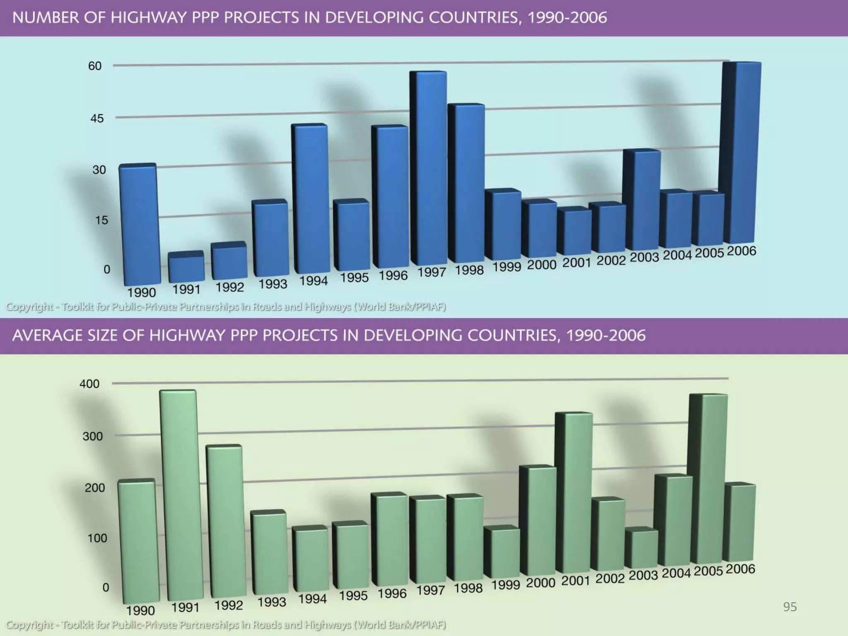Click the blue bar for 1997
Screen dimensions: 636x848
click(429, 170)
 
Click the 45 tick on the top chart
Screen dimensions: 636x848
click(97, 118)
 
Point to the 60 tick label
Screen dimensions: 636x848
click(95, 66)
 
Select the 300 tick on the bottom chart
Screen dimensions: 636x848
click(92, 436)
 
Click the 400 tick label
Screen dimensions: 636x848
click(89, 384)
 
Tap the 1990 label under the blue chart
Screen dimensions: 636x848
click(141, 293)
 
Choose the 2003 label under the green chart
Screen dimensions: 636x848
click(643, 576)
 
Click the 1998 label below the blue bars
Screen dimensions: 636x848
click(469, 270)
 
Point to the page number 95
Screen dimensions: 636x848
click(790, 607)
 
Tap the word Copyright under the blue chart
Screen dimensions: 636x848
click(29, 307)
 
